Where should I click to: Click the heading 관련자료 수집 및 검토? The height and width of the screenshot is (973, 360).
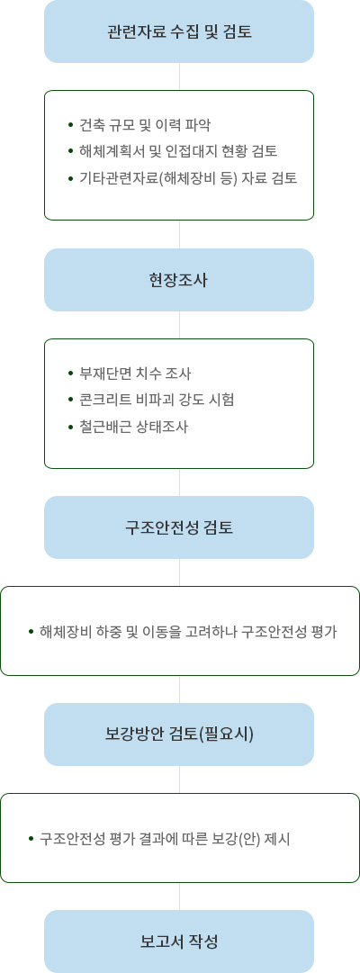(x=179, y=32)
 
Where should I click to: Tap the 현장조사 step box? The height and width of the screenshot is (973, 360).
(x=179, y=280)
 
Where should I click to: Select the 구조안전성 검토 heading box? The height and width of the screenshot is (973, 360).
(x=179, y=527)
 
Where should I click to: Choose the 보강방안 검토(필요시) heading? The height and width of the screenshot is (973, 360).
(x=179, y=734)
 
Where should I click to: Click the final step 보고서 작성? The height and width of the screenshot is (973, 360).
(x=179, y=941)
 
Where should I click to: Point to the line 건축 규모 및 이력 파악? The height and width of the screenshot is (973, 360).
(x=145, y=125)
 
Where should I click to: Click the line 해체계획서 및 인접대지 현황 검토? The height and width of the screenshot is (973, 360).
(x=178, y=152)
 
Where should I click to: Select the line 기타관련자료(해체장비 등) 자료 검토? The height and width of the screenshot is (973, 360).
(x=188, y=179)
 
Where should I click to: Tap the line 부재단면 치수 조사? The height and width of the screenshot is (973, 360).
(x=135, y=374)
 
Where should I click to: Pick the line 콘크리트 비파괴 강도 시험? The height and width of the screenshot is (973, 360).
(x=157, y=401)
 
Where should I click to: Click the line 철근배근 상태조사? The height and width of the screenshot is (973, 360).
(x=133, y=427)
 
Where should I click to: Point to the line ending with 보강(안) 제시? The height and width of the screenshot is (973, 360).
(x=165, y=840)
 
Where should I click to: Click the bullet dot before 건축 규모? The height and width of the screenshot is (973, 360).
(x=71, y=125)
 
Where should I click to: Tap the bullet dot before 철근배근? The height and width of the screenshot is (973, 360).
(x=71, y=427)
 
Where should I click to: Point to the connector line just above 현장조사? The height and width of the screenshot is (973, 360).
(x=179, y=235)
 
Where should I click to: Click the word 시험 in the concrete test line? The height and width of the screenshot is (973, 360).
(x=223, y=401)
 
